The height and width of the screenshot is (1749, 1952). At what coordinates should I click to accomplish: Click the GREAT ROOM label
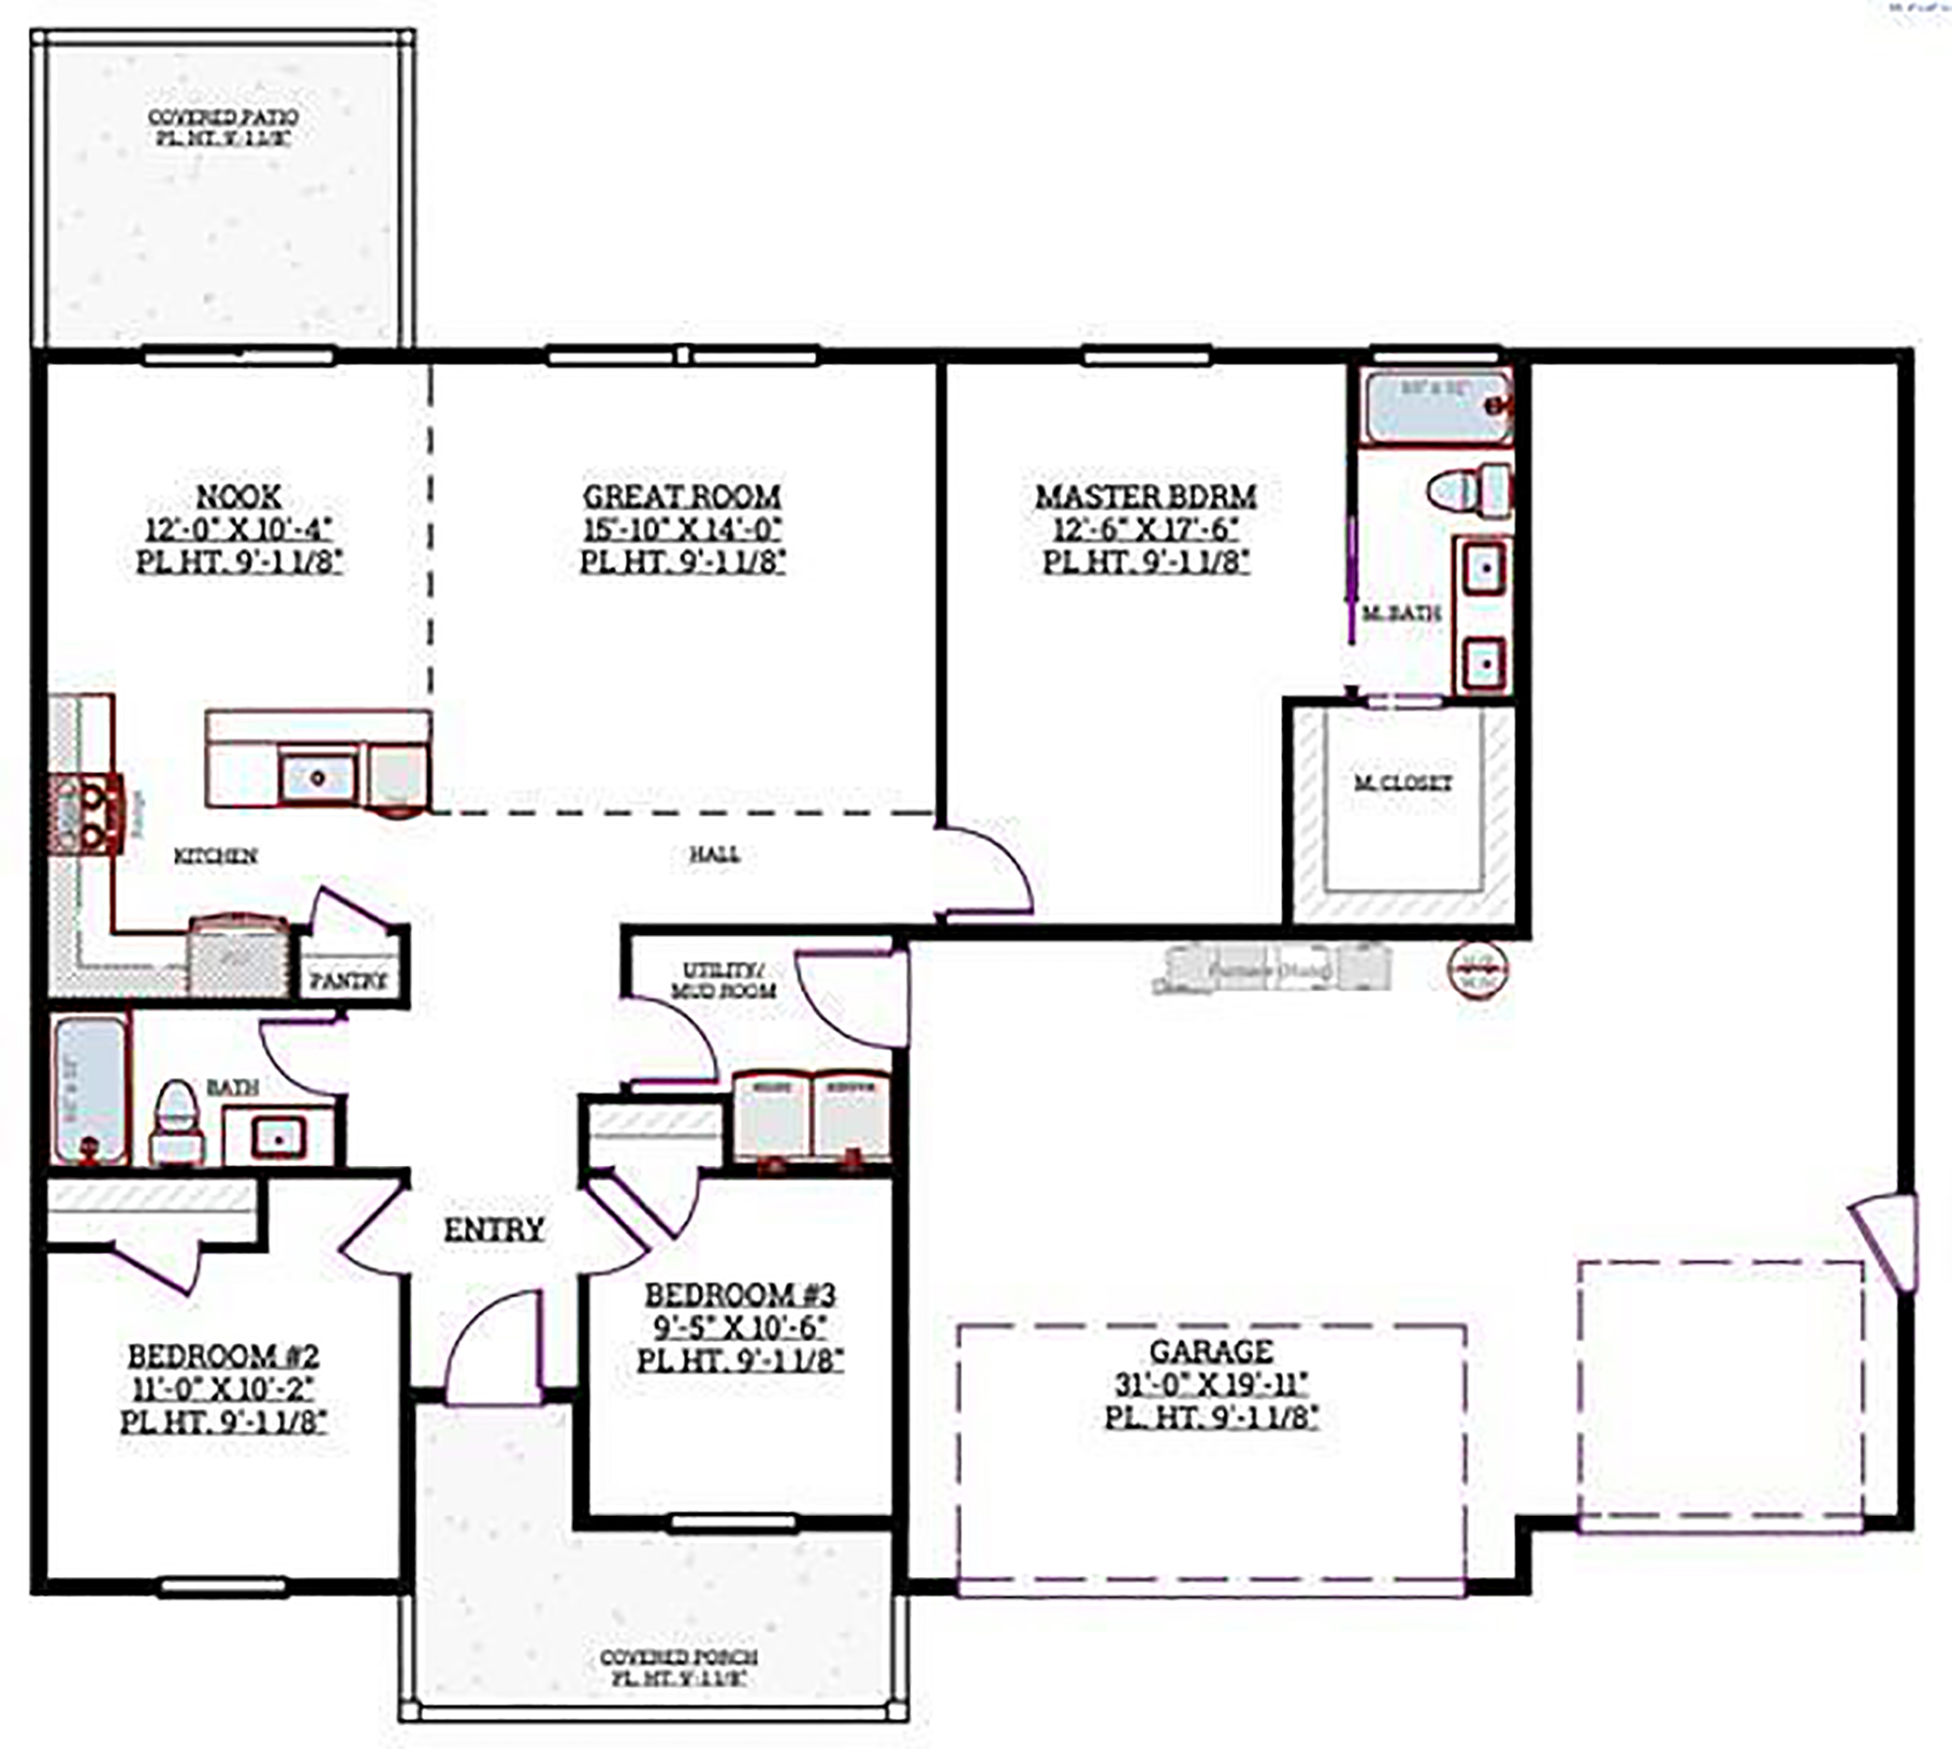tap(681, 496)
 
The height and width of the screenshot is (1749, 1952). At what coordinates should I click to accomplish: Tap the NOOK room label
tap(238, 496)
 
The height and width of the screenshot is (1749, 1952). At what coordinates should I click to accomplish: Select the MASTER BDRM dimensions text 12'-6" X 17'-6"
tap(1145, 529)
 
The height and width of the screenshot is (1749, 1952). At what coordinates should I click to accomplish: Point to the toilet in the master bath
tap(1469, 490)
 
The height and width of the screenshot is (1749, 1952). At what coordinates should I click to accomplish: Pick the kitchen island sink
tap(317, 778)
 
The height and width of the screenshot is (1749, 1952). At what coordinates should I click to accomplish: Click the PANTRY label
tap(348, 980)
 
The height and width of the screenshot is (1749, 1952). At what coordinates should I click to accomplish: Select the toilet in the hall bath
tap(177, 1121)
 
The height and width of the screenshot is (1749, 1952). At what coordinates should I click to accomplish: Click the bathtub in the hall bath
tap(90, 1089)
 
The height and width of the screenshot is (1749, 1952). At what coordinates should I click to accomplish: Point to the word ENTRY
tap(493, 1230)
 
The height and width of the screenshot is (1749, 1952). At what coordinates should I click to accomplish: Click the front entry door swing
tap(493, 1349)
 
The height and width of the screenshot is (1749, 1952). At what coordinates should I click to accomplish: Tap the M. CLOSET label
tap(1402, 783)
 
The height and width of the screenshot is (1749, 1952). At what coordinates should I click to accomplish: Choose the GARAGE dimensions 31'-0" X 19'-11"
tap(1211, 1383)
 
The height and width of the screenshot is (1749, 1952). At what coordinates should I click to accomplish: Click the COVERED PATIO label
tap(223, 118)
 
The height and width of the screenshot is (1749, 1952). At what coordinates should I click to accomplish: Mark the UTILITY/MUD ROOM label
tap(723, 980)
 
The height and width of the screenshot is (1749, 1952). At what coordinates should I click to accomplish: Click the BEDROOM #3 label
tap(740, 1294)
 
